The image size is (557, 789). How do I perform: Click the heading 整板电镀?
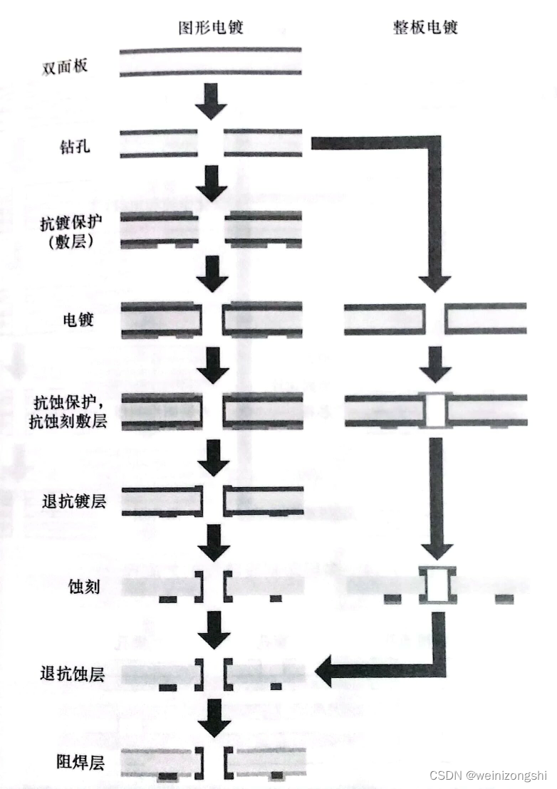(x=425, y=28)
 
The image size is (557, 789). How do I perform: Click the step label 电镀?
(x=78, y=320)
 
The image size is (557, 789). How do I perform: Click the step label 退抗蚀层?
(x=73, y=673)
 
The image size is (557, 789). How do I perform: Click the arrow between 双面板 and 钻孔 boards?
(x=211, y=101)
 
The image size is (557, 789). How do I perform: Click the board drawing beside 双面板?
(x=210, y=62)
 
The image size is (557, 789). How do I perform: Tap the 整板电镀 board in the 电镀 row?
(x=435, y=318)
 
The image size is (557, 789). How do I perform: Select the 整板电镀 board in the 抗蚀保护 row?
(x=435, y=411)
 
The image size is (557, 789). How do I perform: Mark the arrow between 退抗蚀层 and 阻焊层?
(x=212, y=719)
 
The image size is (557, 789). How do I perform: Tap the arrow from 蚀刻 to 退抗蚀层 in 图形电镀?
(x=212, y=629)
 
